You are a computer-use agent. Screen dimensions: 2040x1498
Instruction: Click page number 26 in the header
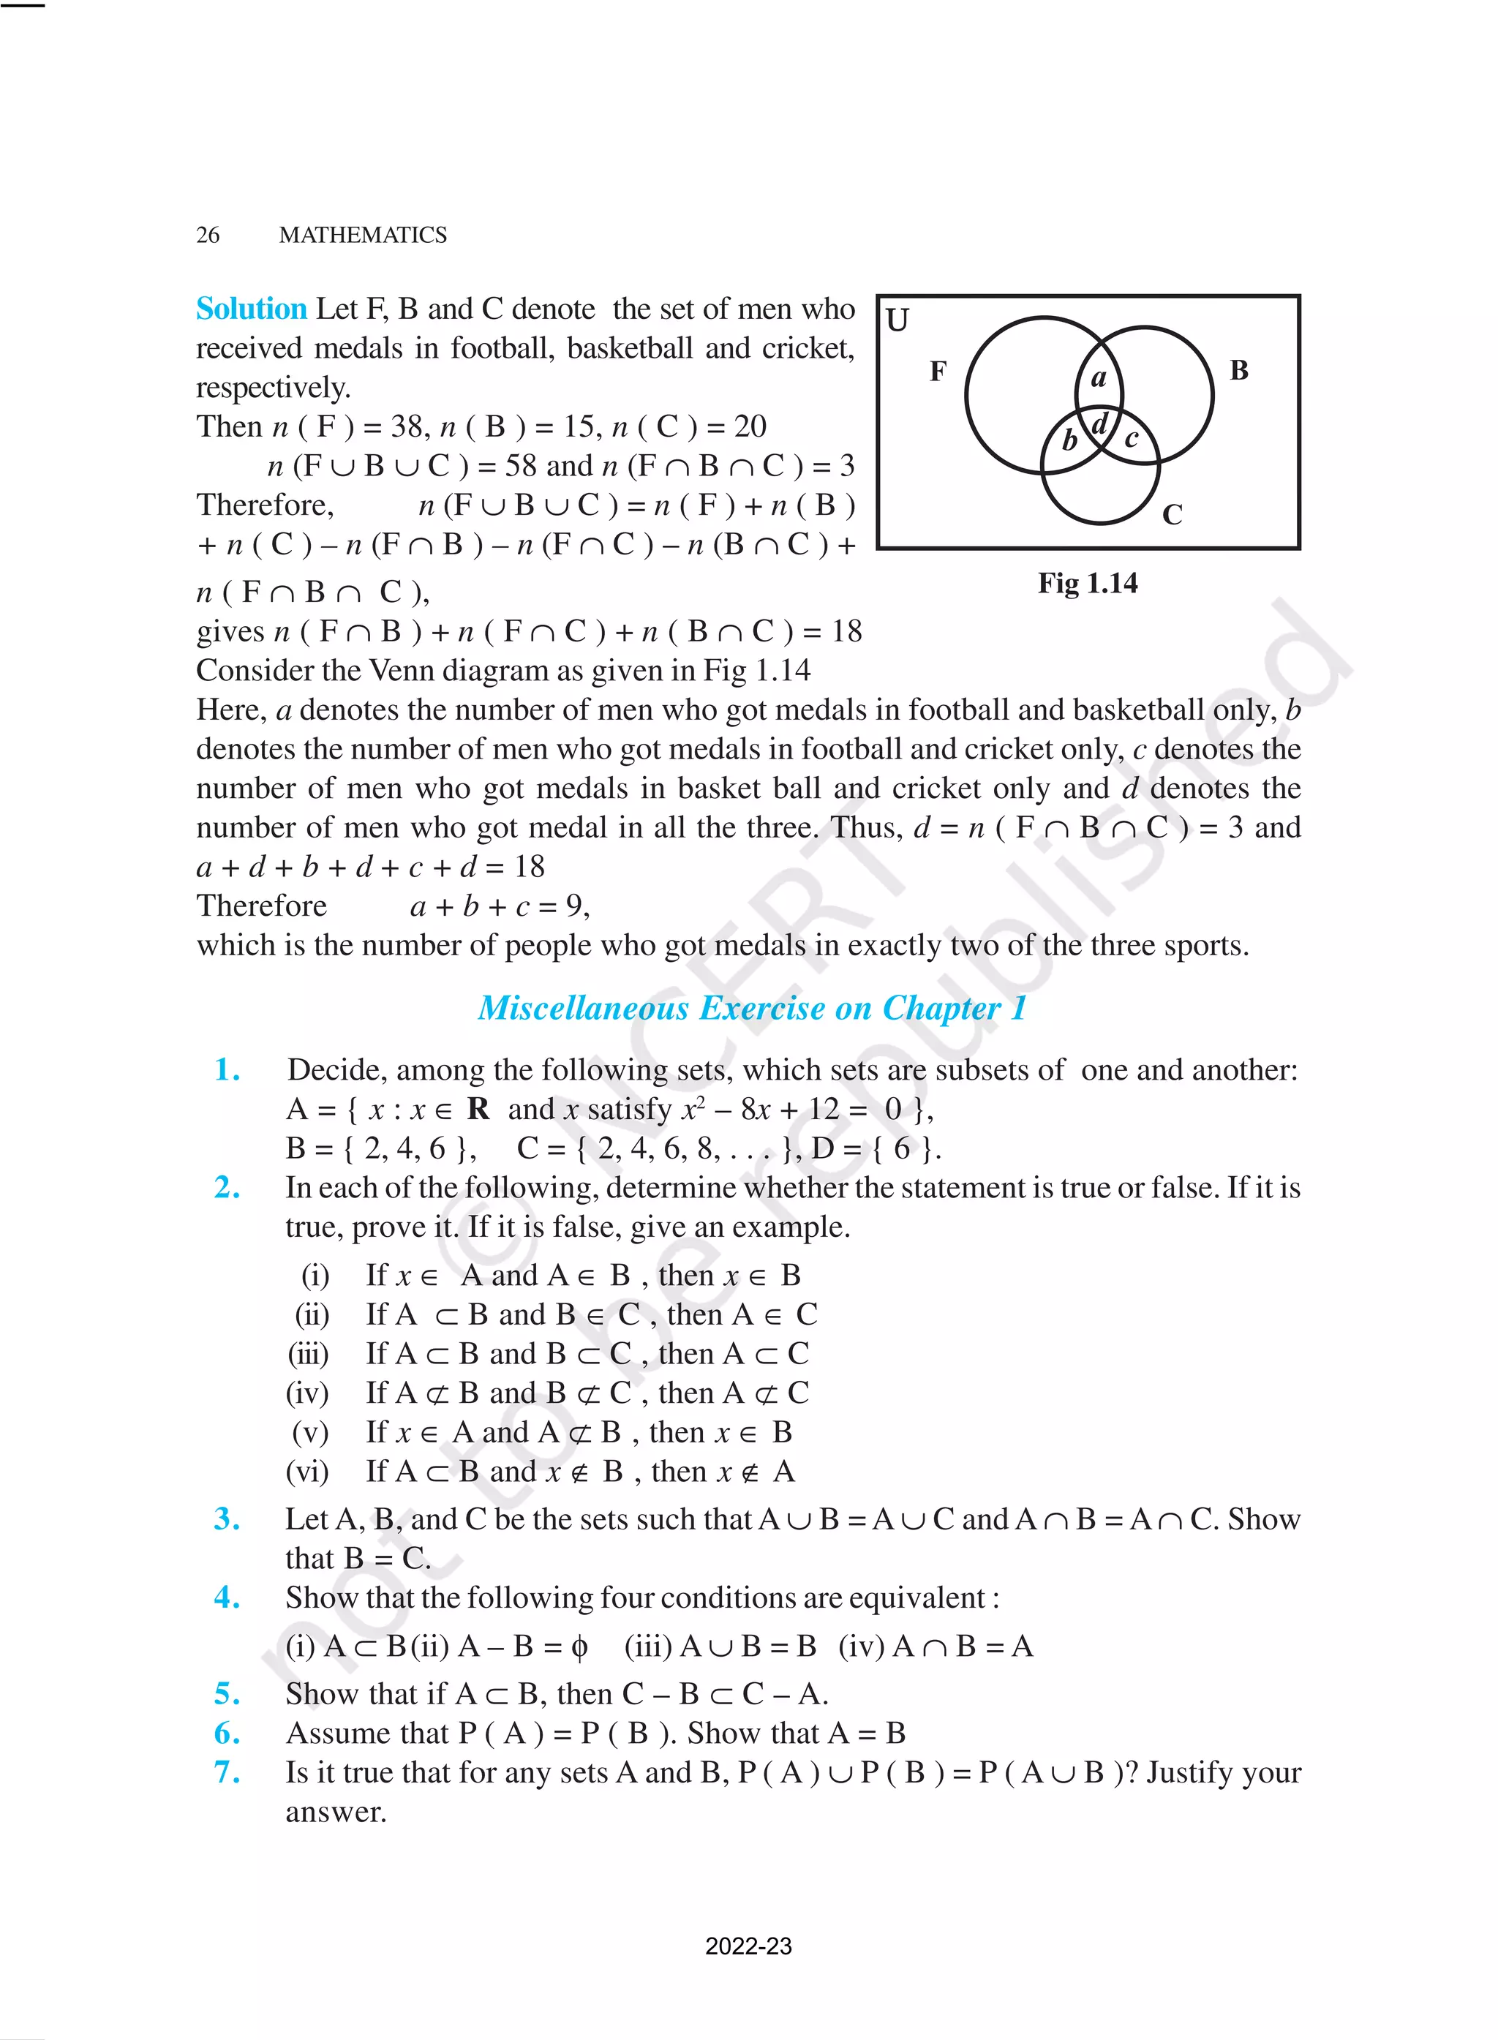208,235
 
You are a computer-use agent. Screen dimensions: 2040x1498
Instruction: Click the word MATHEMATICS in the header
363,235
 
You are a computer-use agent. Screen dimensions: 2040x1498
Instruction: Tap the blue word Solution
251,309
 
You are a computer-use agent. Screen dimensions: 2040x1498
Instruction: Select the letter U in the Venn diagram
897,320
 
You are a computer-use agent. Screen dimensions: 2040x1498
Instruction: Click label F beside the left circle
938,371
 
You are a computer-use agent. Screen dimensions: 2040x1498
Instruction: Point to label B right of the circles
1238,370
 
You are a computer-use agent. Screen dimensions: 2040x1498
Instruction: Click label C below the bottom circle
1172,515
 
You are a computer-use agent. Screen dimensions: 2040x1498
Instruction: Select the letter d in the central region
1099,424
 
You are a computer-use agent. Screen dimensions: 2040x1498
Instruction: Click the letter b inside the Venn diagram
1070,440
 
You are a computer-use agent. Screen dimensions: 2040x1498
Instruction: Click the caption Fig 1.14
1087,583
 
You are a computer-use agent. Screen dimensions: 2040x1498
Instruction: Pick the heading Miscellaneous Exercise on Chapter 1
752,1008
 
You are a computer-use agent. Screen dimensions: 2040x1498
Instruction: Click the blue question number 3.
227,1518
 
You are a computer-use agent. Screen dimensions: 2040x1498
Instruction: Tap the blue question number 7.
227,1772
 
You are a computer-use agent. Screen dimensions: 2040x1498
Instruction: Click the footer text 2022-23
748,1946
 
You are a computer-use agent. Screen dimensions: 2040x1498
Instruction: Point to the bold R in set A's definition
478,1109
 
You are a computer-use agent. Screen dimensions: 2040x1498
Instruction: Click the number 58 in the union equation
521,466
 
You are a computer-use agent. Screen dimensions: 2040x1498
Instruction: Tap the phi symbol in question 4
579,1646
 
